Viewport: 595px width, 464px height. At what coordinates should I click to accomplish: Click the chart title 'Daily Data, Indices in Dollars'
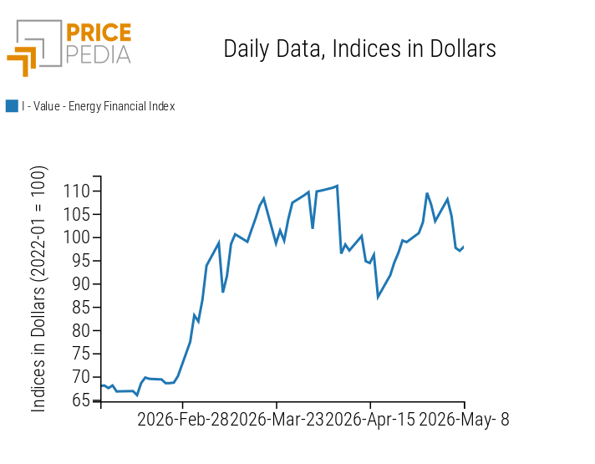coord(359,49)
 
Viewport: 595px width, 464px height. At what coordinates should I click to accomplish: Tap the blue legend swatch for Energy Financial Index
coord(12,106)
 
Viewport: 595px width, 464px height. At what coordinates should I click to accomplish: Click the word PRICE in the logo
coord(99,33)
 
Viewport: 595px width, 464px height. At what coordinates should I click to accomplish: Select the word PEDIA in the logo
coord(99,54)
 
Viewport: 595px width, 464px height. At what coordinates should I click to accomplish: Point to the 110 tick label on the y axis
coord(76,191)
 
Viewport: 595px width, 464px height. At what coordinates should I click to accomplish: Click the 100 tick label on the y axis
coord(76,237)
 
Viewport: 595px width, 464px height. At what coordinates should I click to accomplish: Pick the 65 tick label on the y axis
coord(81,400)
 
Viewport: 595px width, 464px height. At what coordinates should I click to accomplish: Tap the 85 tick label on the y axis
coord(81,308)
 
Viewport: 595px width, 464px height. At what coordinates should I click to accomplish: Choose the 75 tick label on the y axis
coord(81,354)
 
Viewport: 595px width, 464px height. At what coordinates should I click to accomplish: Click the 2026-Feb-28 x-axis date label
coord(183,420)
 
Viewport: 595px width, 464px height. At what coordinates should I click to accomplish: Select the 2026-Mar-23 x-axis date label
coord(277,420)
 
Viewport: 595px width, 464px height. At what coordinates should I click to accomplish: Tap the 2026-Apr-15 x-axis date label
coord(371,420)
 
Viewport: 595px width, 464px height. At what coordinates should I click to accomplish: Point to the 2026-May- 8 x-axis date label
coord(464,420)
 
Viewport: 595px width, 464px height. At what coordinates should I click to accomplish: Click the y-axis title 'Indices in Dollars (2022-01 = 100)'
coord(38,288)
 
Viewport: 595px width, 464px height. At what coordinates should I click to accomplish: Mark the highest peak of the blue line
coord(337,186)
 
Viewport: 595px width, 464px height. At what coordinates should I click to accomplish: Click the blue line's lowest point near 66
coord(137,395)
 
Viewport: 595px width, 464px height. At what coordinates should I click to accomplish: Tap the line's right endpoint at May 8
coord(464,247)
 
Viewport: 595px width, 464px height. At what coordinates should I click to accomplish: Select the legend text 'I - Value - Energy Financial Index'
coord(99,106)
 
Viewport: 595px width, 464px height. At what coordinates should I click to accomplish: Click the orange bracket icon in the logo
coord(22,61)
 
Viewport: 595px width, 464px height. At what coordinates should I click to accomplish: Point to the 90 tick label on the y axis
coord(81,284)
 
